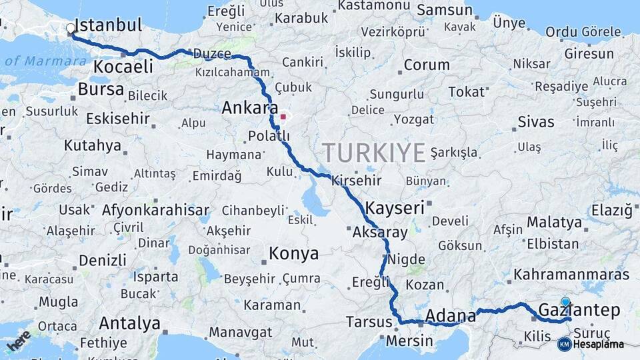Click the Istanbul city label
pyautogui.click(x=108, y=26)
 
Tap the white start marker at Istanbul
pyautogui.click(x=71, y=29)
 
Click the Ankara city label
pyautogui.click(x=250, y=107)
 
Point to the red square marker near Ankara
pyautogui.click(x=283, y=117)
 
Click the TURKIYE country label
pyautogui.click(x=373, y=153)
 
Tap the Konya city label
pyautogui.click(x=293, y=254)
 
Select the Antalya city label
pyautogui.click(x=129, y=324)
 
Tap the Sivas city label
pyautogui.click(x=536, y=122)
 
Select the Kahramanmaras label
pyautogui.click(x=571, y=275)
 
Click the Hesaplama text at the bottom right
pyautogui.click(x=599, y=344)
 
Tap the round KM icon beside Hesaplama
pyautogui.click(x=564, y=344)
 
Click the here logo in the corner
pyautogui.click(x=18, y=340)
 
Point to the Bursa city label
pyautogui.click(x=101, y=89)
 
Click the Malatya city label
pyautogui.click(x=554, y=222)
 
